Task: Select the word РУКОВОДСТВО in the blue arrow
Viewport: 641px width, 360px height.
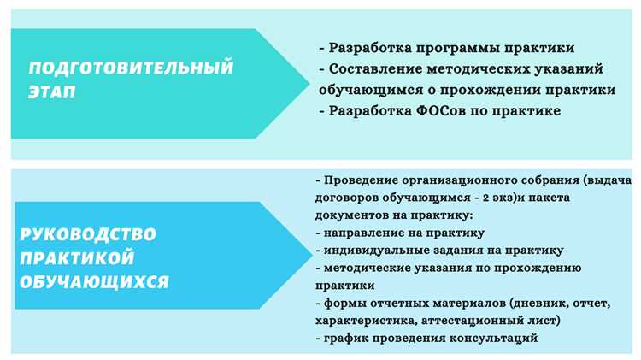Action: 88,233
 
